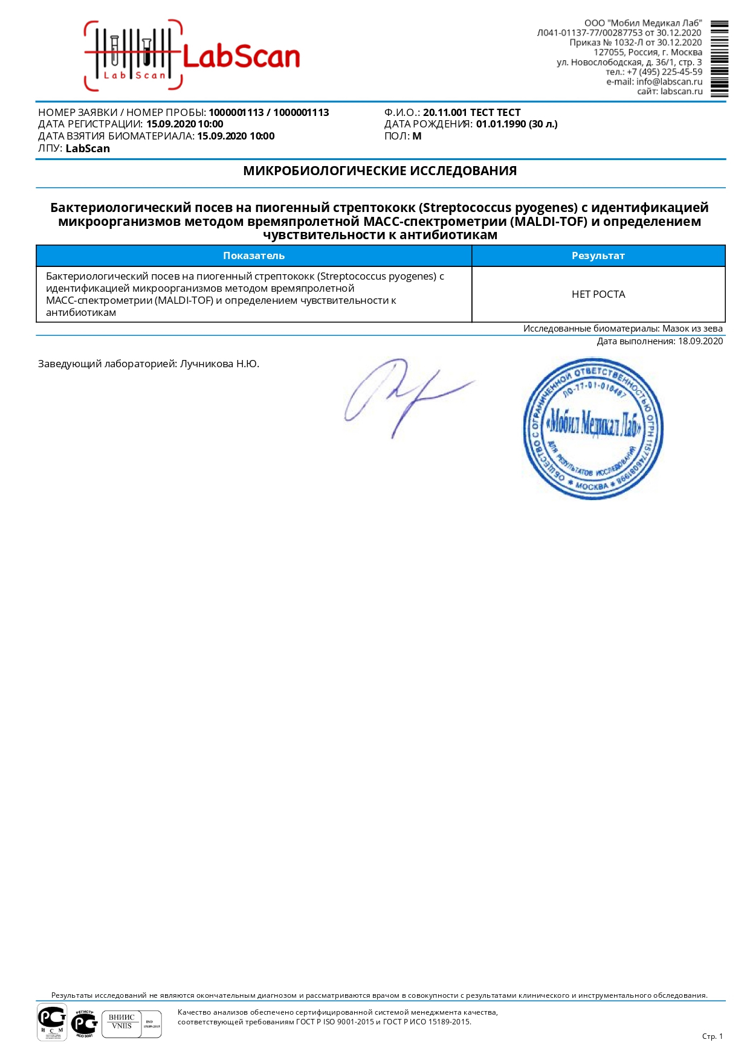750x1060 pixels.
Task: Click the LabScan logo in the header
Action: coord(192,56)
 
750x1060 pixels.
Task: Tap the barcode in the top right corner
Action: coord(719,59)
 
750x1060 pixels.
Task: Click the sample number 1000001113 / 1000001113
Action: coord(268,112)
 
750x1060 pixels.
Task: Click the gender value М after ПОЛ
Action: coord(417,136)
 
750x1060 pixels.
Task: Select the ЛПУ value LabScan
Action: coord(88,149)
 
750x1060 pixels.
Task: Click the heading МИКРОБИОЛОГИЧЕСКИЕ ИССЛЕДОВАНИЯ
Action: coord(380,171)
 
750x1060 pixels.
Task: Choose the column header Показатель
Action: coord(254,255)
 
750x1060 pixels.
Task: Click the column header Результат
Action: coord(598,255)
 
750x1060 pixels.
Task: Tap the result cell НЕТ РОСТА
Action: coord(598,294)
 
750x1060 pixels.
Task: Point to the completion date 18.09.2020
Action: coord(700,341)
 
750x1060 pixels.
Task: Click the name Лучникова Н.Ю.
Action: coord(219,364)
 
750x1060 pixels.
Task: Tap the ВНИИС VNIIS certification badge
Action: coord(121,1024)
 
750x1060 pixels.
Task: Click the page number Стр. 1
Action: coord(712,1036)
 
